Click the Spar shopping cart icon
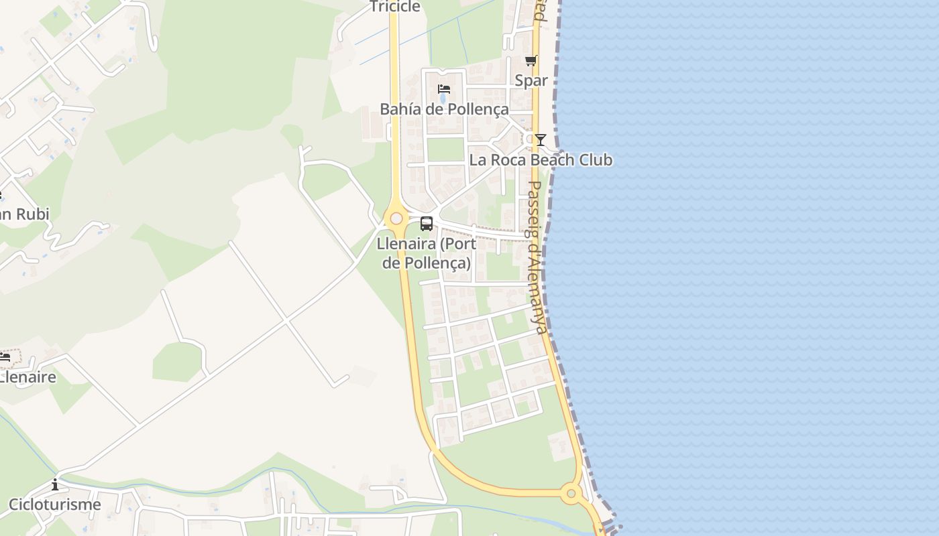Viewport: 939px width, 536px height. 531,61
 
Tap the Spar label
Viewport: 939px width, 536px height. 531,80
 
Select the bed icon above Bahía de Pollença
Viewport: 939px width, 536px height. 443,88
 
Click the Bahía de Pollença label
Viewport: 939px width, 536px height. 444,109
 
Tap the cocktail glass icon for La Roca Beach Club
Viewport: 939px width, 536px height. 540,140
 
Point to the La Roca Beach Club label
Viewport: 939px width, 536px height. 540,160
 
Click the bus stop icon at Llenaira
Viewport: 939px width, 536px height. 427,224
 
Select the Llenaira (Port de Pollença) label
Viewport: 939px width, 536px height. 427,253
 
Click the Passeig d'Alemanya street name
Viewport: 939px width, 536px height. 538,257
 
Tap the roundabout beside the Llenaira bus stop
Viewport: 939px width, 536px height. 396,218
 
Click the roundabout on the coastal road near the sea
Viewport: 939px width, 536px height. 571,494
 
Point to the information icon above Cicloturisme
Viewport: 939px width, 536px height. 55,484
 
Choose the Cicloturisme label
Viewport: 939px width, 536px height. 54,505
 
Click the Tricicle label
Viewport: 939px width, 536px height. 395,7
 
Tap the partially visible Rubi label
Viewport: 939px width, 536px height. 25,214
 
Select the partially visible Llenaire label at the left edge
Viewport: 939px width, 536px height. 28,377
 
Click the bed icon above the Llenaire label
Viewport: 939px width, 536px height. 5,357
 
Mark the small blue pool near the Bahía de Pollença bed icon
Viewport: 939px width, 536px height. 443,100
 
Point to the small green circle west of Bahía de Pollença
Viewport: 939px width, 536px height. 291,135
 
